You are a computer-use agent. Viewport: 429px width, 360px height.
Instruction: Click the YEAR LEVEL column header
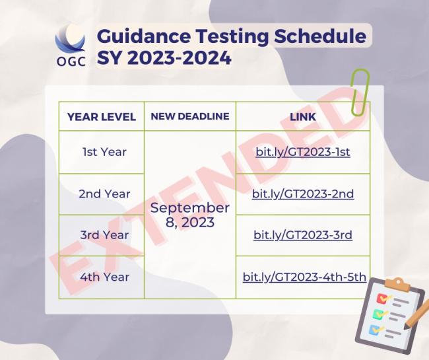click(x=102, y=117)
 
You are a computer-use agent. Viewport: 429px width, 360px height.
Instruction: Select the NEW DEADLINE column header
click(x=190, y=116)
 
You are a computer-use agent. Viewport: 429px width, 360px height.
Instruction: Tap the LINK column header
click(x=302, y=117)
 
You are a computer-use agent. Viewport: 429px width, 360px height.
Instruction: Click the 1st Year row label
click(x=104, y=152)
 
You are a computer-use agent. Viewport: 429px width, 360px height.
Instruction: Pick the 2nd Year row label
click(x=104, y=194)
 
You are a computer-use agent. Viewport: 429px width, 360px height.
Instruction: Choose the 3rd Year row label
click(x=104, y=235)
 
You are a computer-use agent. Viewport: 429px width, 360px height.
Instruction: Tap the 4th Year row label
click(x=104, y=277)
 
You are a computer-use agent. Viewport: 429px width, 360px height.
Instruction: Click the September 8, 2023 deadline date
click(x=190, y=215)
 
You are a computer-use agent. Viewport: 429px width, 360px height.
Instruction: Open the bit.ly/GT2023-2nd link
click(x=302, y=194)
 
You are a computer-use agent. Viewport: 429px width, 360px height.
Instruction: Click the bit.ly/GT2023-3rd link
click(x=302, y=235)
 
